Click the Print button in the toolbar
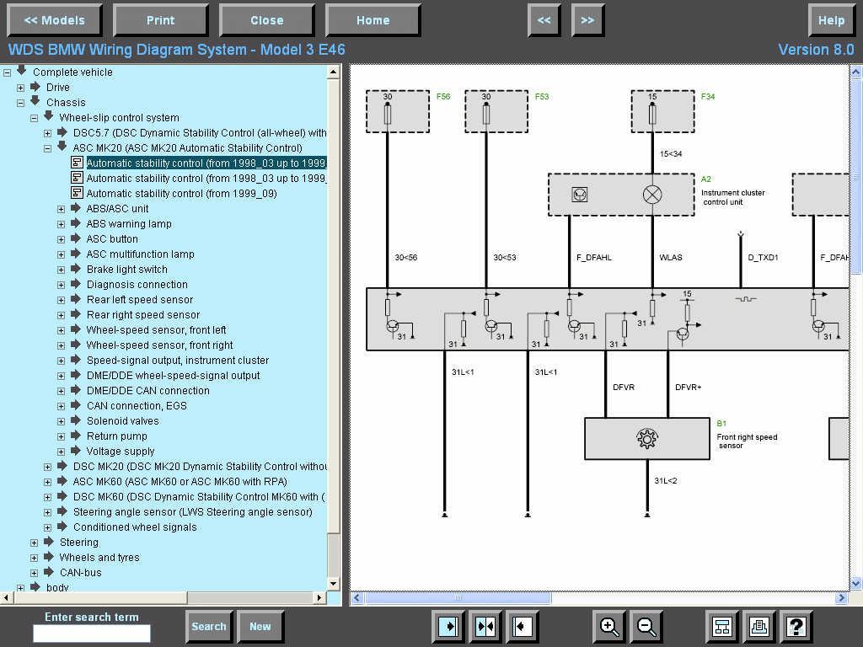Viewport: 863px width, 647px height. coord(160,20)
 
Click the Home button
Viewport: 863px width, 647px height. coord(373,20)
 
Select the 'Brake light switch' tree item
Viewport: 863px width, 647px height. coord(126,270)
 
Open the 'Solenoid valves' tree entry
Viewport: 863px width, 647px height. coord(122,421)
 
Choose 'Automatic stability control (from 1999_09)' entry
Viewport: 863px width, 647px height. coord(181,194)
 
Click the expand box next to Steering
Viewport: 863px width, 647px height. coord(35,543)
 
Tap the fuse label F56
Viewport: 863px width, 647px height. coord(443,97)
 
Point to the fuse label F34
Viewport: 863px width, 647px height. coord(708,97)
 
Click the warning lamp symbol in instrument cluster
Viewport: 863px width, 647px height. coord(652,195)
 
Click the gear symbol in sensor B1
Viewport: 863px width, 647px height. coord(646,438)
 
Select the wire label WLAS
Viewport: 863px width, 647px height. coord(671,257)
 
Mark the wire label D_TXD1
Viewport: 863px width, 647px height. coord(763,257)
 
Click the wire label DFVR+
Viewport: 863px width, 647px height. coord(688,388)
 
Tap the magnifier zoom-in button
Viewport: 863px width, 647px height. coord(609,626)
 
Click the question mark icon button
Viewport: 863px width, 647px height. coord(796,626)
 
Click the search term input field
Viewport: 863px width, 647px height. coord(92,634)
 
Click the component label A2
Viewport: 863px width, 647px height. coord(706,179)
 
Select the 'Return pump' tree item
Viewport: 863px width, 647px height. coord(116,436)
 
